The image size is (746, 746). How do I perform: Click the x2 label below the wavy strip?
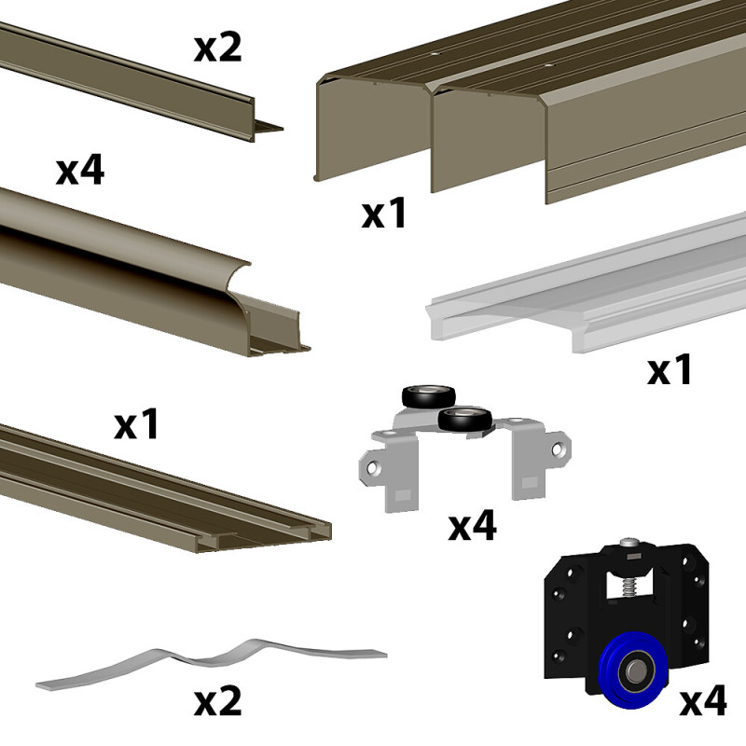pyautogui.click(x=218, y=702)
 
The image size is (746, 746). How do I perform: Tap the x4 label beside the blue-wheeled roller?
pyautogui.click(x=703, y=700)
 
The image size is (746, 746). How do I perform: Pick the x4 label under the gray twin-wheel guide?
pyautogui.click(x=473, y=525)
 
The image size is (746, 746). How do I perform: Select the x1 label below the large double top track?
pyautogui.click(x=384, y=214)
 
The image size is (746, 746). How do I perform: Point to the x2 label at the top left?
pyautogui.click(x=218, y=48)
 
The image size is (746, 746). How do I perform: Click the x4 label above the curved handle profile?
pyautogui.click(x=80, y=171)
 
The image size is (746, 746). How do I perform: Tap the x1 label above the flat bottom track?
pyautogui.click(x=136, y=424)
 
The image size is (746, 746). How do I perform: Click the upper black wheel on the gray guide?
pyautogui.click(x=429, y=396)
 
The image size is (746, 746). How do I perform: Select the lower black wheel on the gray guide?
pyautogui.click(x=465, y=419)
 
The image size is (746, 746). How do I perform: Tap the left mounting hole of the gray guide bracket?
pyautogui.click(x=375, y=469)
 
